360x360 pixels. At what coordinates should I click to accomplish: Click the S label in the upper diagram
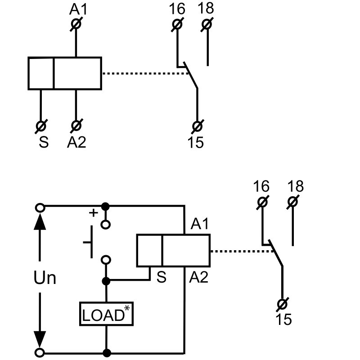click(x=43, y=142)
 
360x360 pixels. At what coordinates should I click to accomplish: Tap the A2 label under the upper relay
click(x=76, y=142)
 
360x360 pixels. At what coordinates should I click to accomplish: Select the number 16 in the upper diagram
click(x=178, y=9)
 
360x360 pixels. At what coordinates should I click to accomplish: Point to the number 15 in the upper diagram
click(x=196, y=142)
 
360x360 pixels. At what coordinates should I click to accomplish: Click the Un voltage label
click(x=45, y=278)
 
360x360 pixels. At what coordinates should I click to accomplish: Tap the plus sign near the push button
click(x=94, y=213)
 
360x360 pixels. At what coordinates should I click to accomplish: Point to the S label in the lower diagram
click(x=162, y=278)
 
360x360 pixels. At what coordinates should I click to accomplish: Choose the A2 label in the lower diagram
click(x=198, y=278)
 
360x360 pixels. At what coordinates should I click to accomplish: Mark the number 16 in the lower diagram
click(x=261, y=186)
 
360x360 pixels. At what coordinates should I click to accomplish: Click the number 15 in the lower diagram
click(x=283, y=319)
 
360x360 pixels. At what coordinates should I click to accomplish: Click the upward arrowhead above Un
click(x=40, y=222)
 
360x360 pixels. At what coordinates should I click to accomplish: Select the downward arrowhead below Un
click(x=40, y=337)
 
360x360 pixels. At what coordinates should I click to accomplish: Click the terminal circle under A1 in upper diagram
click(x=76, y=24)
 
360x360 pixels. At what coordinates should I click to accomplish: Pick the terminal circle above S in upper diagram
click(x=41, y=125)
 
